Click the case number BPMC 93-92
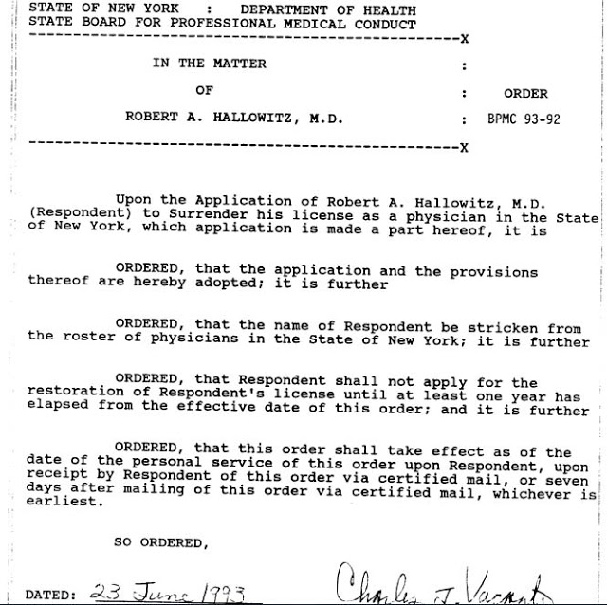tap(524, 119)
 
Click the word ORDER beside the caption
tap(525, 94)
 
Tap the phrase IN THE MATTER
tap(210, 64)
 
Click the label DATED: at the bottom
tap(50, 595)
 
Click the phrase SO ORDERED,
tap(159, 542)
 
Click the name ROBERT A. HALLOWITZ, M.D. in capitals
tap(233, 119)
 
